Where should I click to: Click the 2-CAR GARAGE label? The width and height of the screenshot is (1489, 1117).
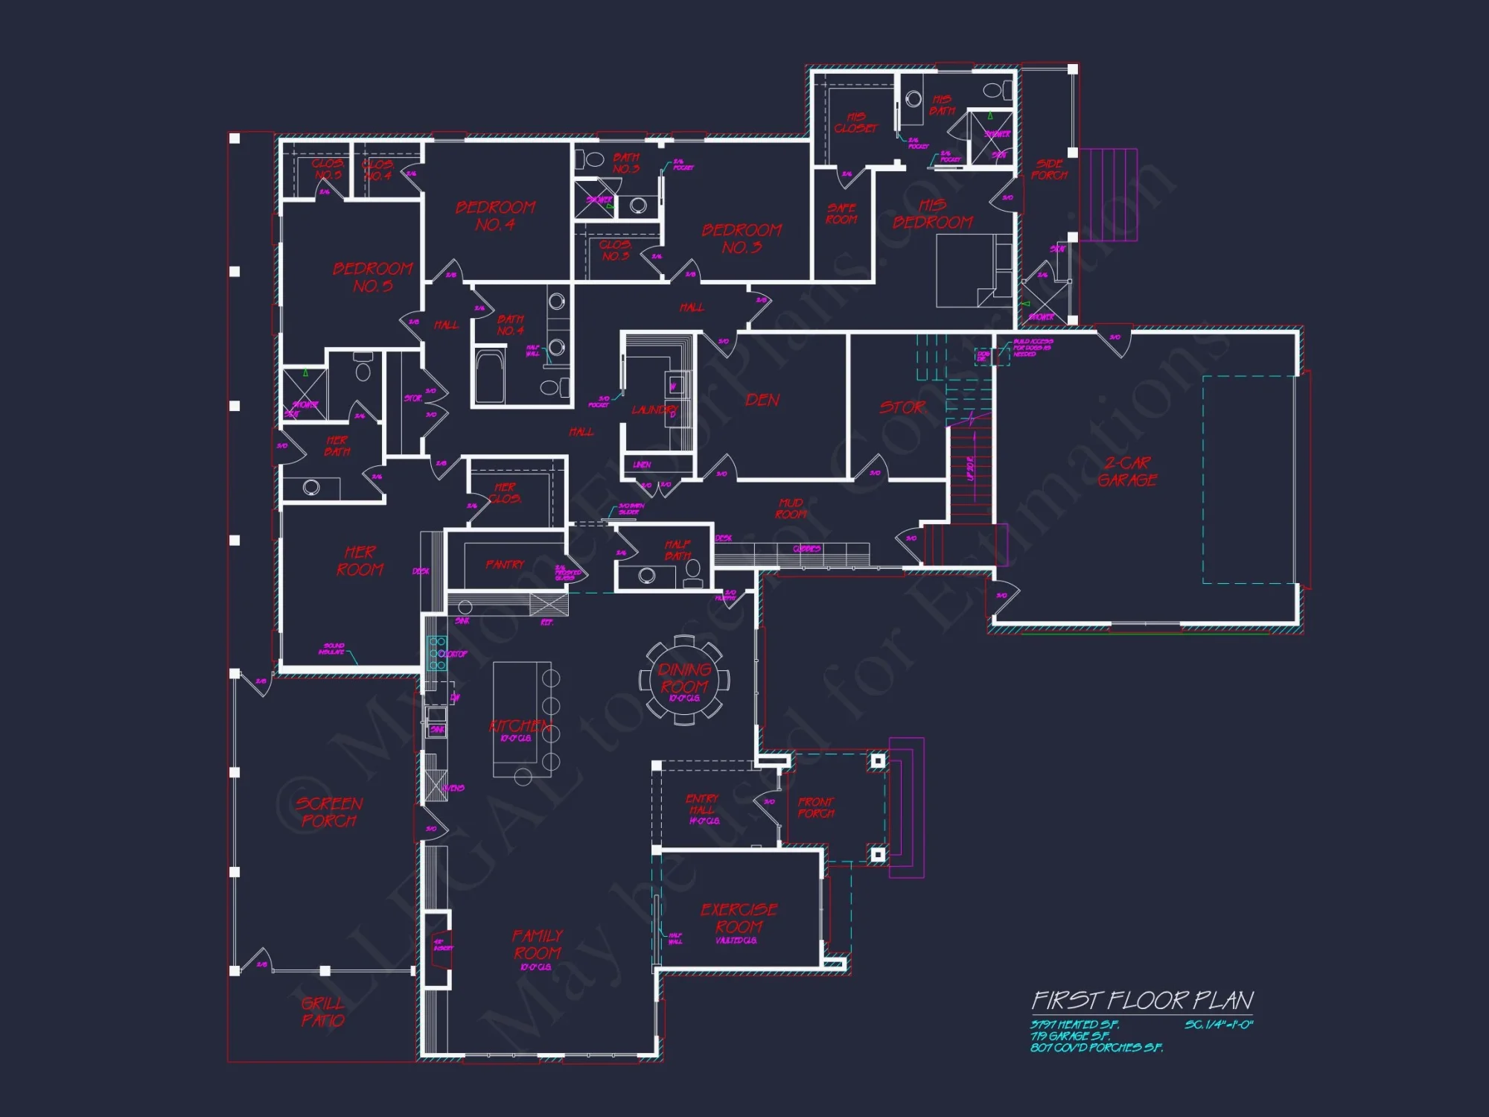1127,471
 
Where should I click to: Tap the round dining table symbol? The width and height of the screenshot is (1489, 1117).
684,678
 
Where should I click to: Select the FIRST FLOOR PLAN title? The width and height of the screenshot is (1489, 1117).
1142,1000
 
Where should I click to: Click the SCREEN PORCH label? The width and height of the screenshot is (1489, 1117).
329,812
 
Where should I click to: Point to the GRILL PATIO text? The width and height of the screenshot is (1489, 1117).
323,1011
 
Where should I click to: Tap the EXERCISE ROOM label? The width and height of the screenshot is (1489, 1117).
739,918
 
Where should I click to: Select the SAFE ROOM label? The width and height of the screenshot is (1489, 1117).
841,214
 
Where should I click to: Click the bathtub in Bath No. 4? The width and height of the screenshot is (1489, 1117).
489,376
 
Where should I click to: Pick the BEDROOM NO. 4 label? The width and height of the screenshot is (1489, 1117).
495,215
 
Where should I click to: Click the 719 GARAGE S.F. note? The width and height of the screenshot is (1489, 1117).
1070,1036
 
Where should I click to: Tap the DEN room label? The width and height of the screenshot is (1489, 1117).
762,400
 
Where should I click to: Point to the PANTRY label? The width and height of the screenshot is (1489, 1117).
505,564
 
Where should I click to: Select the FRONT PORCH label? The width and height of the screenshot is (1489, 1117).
816,807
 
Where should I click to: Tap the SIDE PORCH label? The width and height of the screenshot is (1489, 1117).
1049,170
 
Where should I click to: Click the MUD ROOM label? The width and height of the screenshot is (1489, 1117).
791,509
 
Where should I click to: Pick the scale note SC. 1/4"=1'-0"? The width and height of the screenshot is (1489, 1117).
1219,1025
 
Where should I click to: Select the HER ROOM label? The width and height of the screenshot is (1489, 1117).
360,561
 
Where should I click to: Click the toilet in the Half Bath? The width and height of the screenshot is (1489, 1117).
693,570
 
